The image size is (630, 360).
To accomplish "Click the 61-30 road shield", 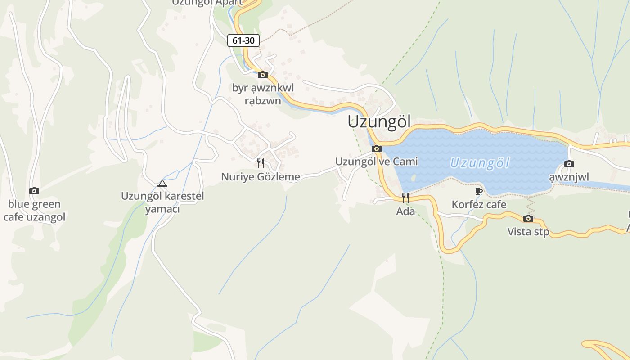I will coord(243,40).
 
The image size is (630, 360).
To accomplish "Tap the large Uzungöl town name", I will coord(379,122).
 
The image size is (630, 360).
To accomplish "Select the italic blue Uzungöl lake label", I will coord(480,162).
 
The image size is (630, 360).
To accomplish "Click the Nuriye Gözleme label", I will coord(261,177).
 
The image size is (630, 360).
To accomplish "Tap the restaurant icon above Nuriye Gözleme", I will coord(261,162).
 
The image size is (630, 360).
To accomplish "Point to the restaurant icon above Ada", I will coord(405,197).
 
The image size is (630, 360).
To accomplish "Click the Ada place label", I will coord(405,211).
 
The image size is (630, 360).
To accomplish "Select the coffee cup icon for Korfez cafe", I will coord(479,192).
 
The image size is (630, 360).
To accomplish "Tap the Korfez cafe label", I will coord(479,205).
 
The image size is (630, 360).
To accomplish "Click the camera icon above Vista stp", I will coord(528,219).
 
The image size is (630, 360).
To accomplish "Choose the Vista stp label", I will coord(528,232).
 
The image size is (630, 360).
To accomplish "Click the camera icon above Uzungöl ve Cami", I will coord(377,148).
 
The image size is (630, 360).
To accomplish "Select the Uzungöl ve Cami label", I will coord(377,162).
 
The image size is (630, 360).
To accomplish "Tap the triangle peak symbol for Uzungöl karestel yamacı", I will coord(162,183).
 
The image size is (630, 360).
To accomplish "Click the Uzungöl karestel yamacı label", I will coord(162,202).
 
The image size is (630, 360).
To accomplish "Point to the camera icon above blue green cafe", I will coord(34,191).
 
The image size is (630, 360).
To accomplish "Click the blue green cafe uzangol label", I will coord(34,211).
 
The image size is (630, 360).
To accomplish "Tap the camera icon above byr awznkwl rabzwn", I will coord(263,75).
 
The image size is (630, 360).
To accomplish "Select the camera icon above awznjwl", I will coord(569,164).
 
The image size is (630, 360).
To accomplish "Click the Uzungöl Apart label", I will coord(207,3).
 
